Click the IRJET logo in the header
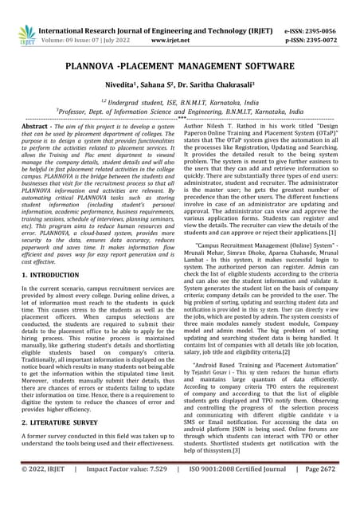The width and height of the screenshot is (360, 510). click(x=27, y=32)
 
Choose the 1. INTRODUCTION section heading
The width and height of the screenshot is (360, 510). click(x=57, y=274)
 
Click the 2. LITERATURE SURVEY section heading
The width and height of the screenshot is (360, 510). click(x=65, y=422)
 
